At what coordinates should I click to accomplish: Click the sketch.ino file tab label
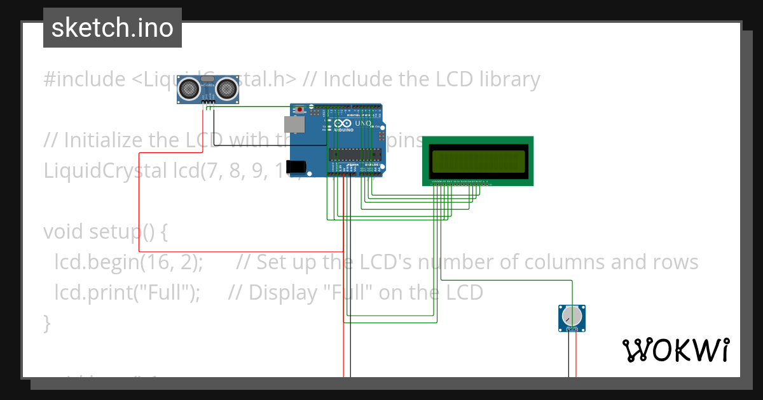(113, 28)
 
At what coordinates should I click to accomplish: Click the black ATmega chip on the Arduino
(355, 154)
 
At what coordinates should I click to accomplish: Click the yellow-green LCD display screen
(478, 161)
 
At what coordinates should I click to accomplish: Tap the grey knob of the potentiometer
(573, 316)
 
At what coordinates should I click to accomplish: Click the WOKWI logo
(675, 350)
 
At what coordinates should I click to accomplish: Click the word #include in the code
(85, 79)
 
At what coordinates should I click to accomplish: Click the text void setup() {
(106, 232)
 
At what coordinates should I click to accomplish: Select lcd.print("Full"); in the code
(128, 293)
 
